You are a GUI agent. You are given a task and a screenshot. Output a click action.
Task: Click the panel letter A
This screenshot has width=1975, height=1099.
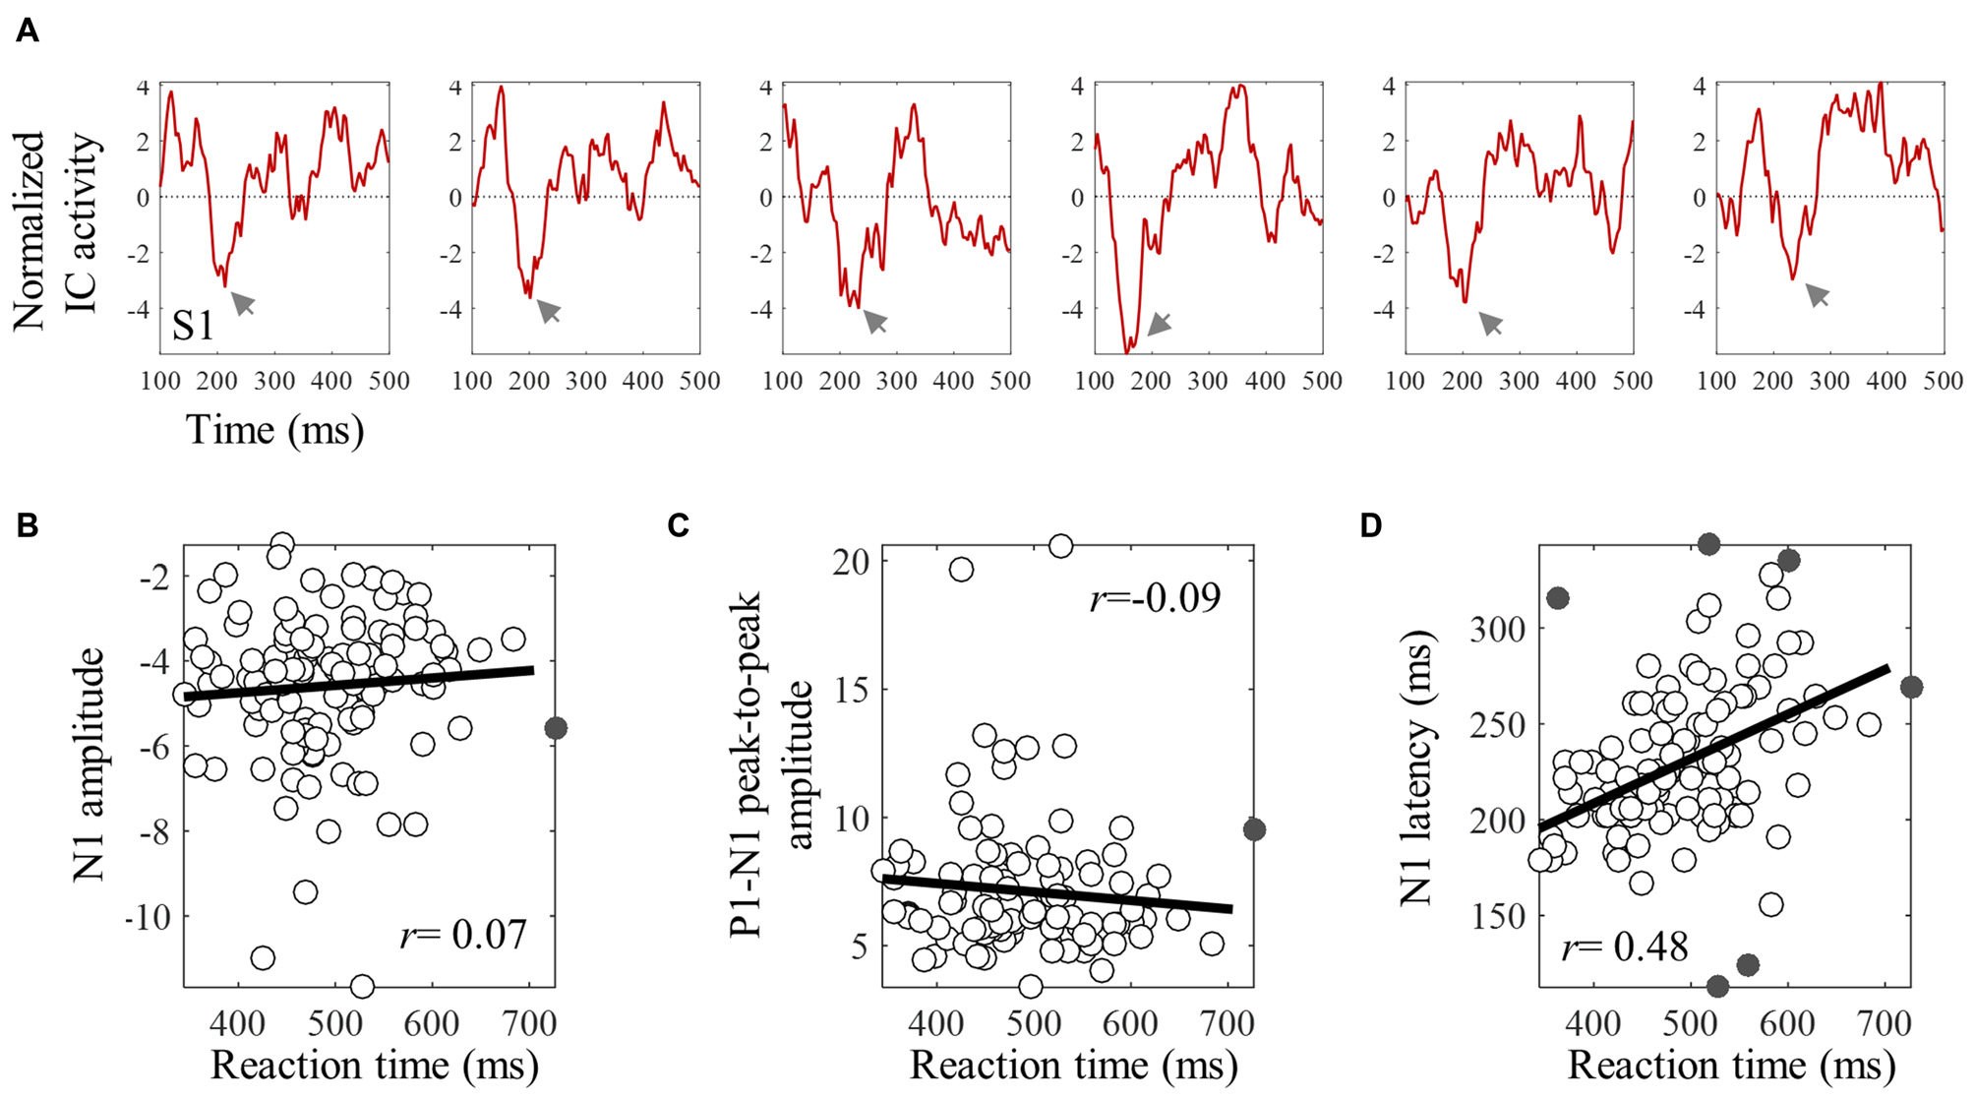28,31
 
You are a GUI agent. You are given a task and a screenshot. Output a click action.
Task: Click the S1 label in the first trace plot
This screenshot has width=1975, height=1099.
193,326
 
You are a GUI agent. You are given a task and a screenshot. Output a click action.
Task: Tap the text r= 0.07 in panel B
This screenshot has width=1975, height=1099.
463,934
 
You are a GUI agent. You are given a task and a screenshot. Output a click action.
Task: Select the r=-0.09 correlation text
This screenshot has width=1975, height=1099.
1155,597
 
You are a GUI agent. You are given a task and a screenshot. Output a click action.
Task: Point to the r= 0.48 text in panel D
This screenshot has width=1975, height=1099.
1624,946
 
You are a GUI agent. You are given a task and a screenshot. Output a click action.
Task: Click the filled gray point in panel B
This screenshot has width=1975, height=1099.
556,728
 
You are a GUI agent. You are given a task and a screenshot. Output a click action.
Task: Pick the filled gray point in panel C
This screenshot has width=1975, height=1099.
1254,829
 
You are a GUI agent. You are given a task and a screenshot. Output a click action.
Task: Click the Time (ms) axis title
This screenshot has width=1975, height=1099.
275,430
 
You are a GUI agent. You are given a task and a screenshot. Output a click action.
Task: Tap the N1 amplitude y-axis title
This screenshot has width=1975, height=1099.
89,764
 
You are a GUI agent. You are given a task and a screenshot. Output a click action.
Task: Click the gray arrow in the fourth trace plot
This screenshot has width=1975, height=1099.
1159,324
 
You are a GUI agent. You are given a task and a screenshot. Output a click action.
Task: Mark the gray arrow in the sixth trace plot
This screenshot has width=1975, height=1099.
1817,293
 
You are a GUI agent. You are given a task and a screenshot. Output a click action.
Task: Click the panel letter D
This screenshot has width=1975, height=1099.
1371,525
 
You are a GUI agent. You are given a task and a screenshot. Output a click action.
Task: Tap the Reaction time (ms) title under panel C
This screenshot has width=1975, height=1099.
1072,1066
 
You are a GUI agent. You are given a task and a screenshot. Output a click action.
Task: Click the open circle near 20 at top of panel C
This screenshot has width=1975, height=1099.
1060,546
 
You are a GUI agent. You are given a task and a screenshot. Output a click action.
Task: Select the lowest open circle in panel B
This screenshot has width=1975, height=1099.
362,986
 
